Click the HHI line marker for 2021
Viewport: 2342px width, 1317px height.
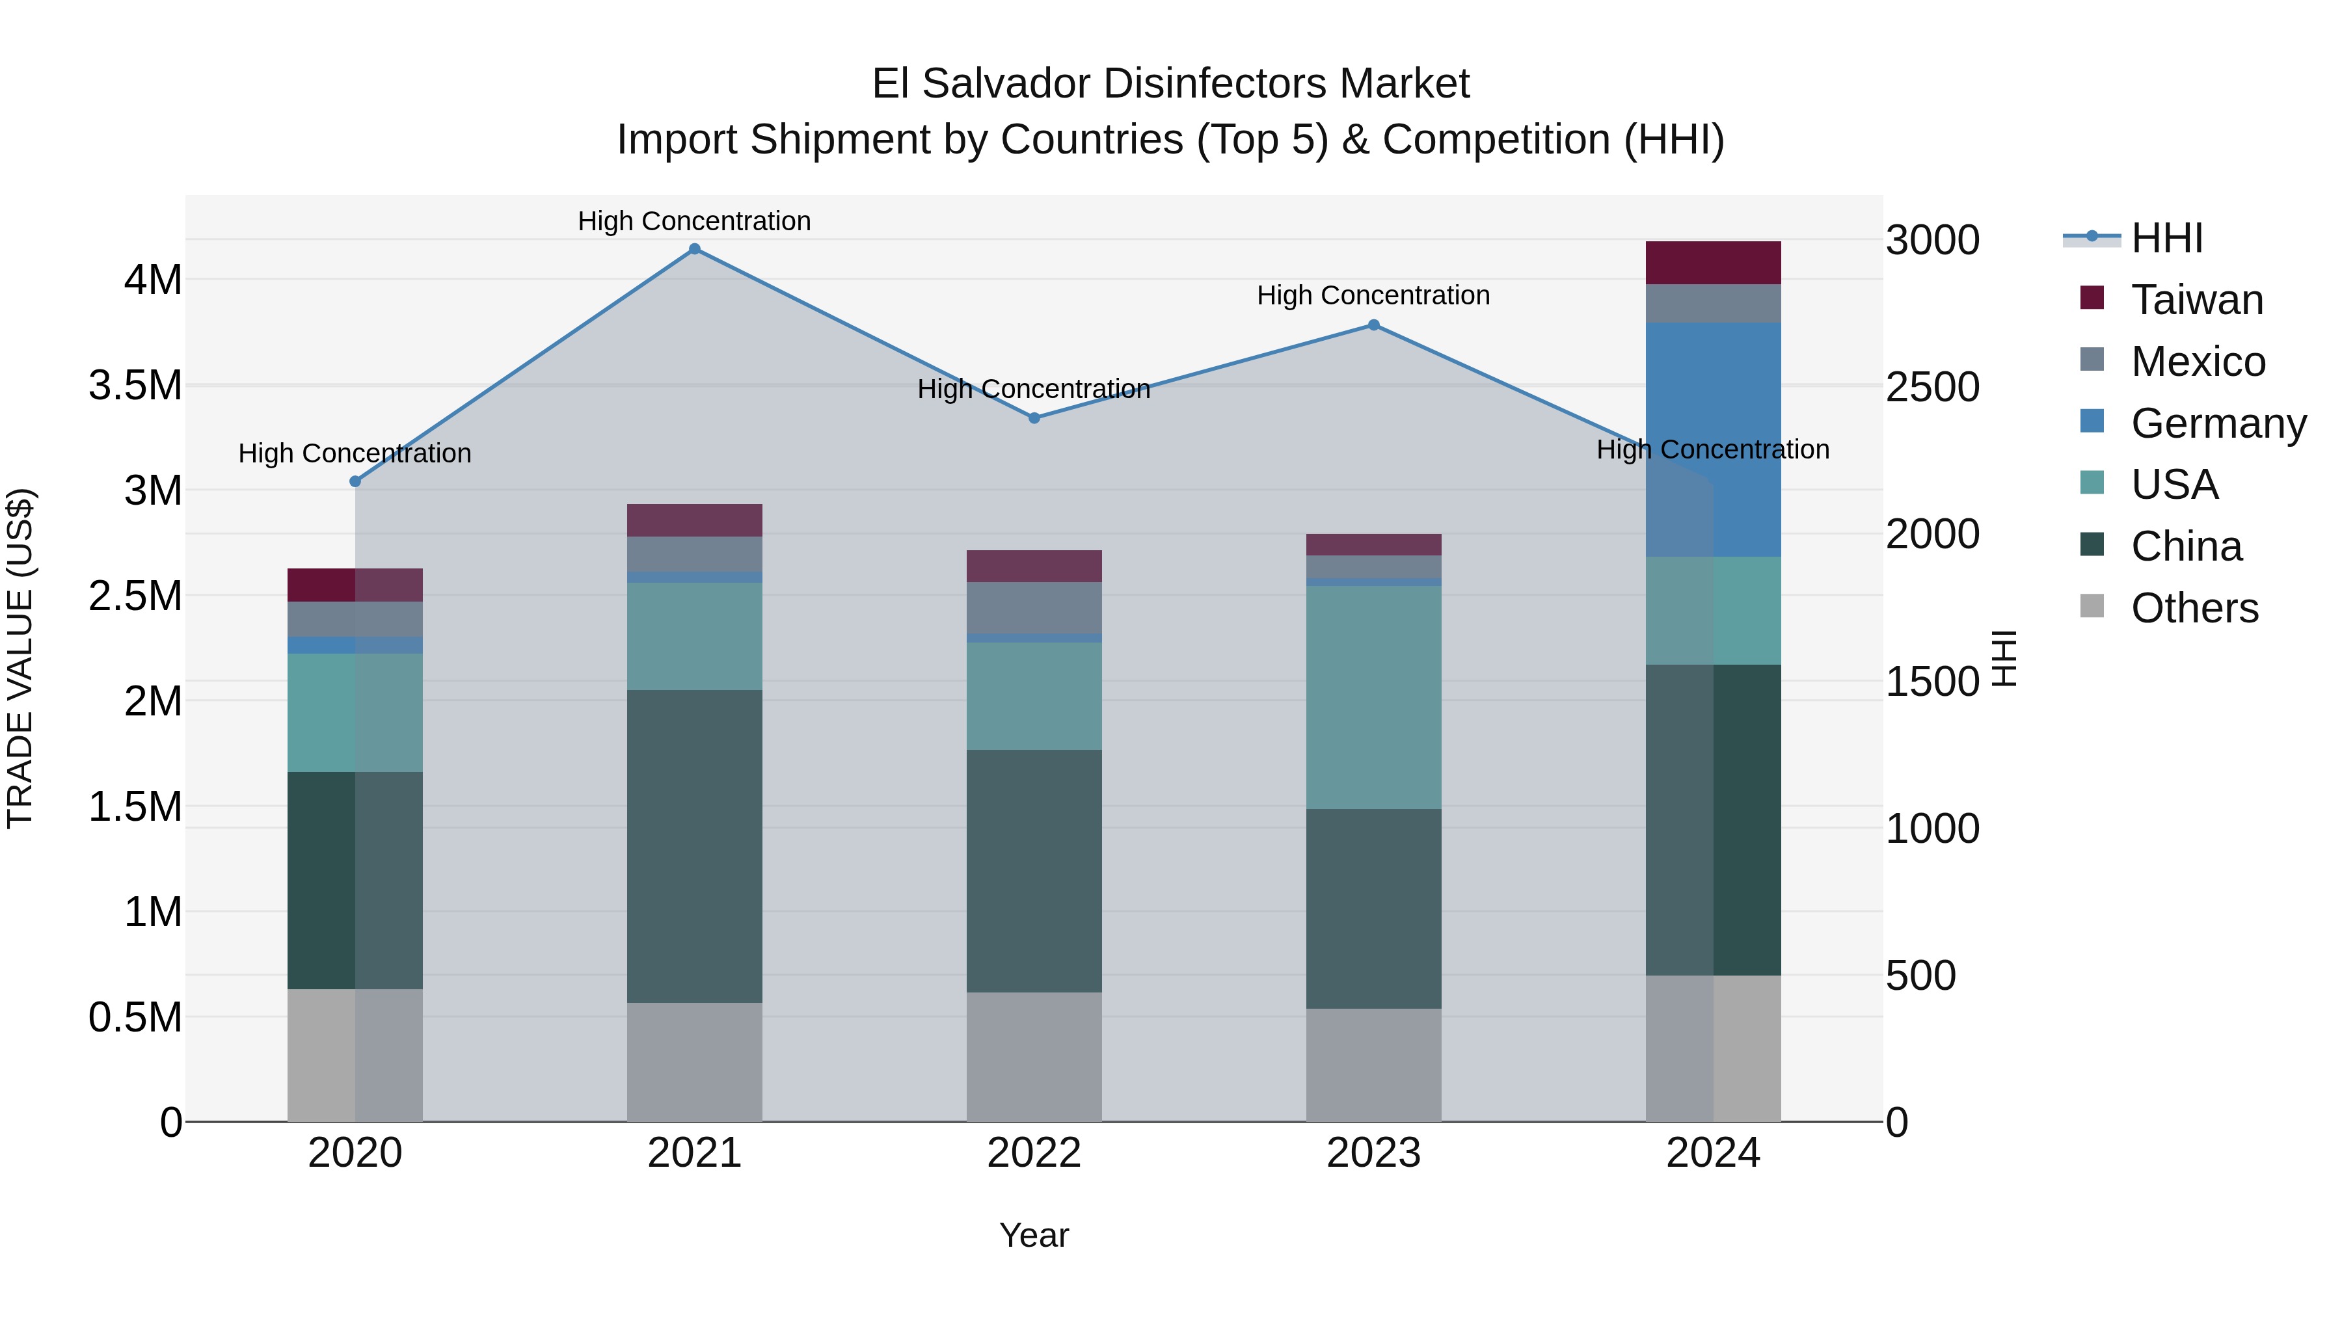[x=695, y=249]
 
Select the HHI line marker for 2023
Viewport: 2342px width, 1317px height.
[x=1374, y=325]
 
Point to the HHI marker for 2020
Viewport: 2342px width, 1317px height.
[x=355, y=482]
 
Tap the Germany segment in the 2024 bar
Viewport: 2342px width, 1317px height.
[x=1713, y=439]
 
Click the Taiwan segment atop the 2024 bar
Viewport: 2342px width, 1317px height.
[x=1713, y=263]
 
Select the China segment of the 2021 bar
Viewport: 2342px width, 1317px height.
[x=695, y=845]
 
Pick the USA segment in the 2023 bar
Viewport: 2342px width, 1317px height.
[x=1374, y=697]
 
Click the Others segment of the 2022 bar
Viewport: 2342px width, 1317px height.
[x=1034, y=1056]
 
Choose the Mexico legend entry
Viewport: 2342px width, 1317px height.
[x=2198, y=362]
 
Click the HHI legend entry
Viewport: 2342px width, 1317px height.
[x=2166, y=238]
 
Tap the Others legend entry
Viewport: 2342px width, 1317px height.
[x=2194, y=608]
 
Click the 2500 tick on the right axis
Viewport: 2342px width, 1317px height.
[x=1932, y=387]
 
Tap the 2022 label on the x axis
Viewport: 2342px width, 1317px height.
[x=1034, y=1153]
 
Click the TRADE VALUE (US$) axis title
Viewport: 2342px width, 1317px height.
[x=21, y=658]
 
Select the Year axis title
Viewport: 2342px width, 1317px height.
[x=1034, y=1235]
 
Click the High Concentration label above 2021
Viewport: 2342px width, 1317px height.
[x=695, y=221]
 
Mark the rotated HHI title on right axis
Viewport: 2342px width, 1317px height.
[x=2004, y=658]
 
